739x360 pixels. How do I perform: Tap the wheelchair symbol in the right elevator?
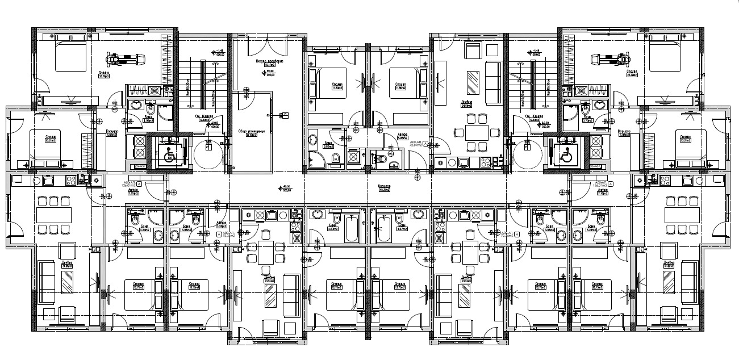565,154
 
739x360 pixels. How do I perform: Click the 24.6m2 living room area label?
467,103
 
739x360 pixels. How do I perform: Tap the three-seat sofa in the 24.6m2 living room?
492,79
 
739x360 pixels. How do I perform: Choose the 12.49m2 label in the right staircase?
533,120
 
